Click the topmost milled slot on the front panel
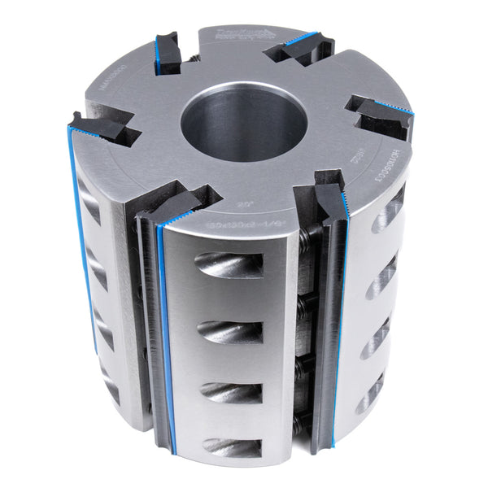(x=229, y=265)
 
